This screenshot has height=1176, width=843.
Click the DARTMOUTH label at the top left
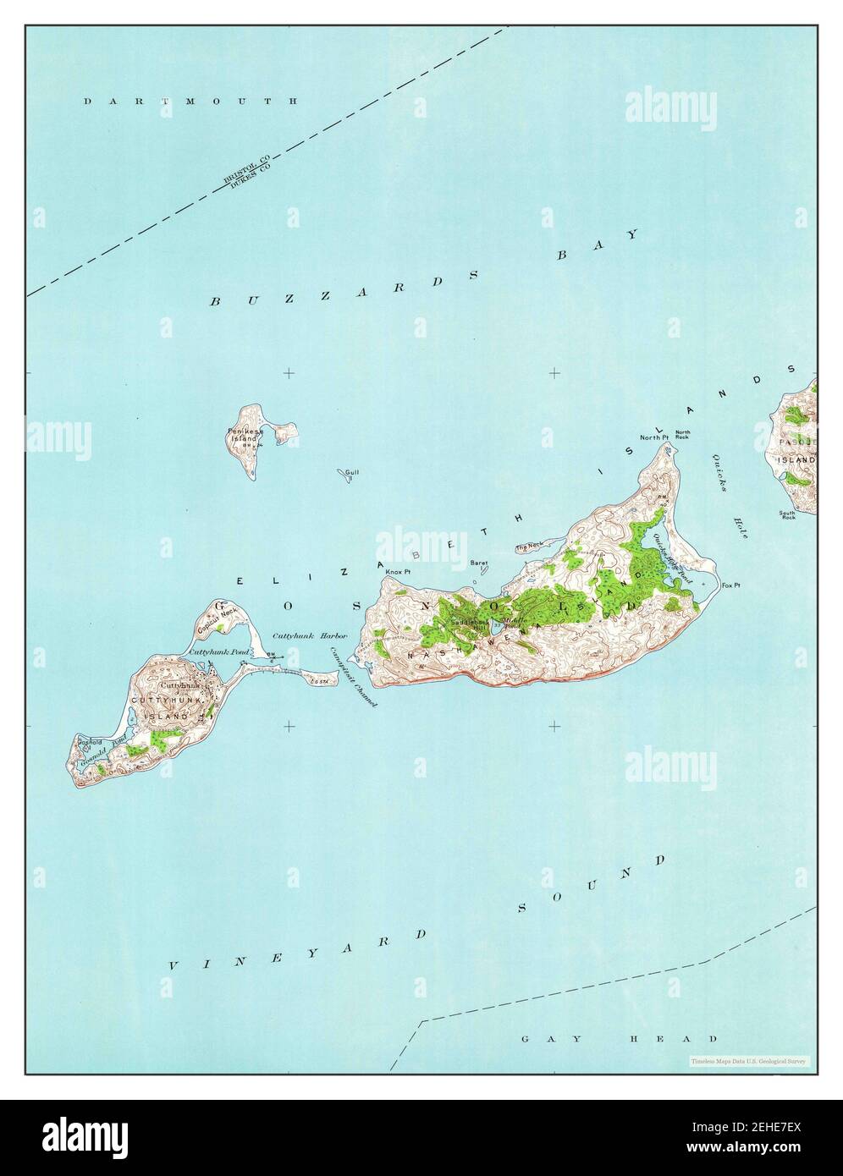coord(190,101)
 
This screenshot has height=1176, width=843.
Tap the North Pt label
coord(653,437)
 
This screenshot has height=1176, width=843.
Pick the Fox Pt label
coord(730,585)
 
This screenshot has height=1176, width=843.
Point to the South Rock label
coord(788,514)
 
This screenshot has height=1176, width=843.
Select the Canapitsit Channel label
coord(353,677)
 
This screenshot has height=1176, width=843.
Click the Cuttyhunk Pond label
coord(212,652)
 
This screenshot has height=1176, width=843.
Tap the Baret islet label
coord(479,562)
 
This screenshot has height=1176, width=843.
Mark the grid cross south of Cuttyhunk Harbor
coord(289,725)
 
